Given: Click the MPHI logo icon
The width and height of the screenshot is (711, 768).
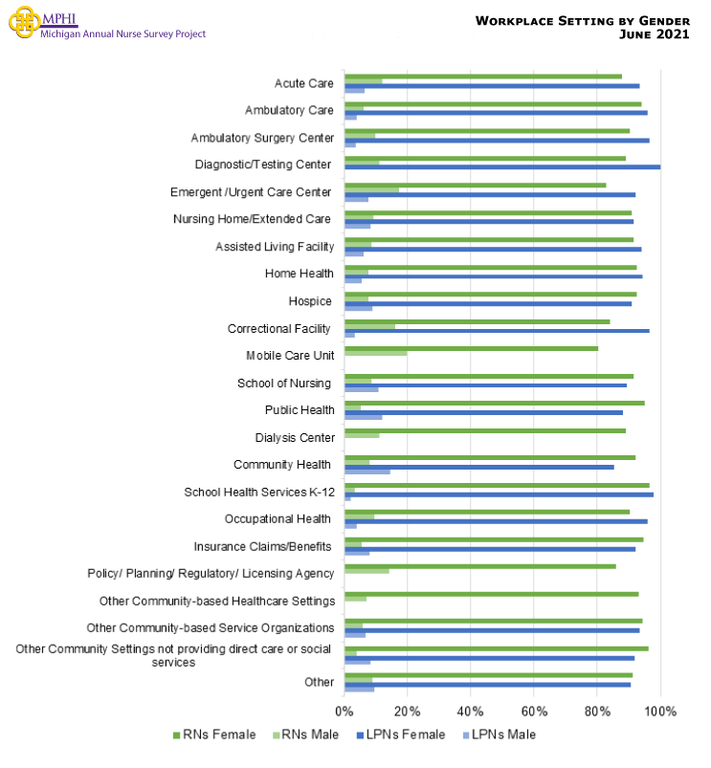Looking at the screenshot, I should (23, 22).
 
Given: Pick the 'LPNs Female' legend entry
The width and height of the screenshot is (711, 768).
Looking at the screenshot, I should (403, 735).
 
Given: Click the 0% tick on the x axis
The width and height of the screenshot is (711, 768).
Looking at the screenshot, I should (344, 712).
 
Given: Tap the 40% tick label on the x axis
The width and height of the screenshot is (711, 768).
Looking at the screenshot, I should (471, 712).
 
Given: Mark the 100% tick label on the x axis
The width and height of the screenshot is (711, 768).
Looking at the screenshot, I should (660, 712).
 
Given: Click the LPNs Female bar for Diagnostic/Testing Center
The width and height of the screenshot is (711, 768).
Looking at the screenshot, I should (502, 167).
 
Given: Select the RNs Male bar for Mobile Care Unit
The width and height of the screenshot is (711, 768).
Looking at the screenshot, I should (376, 353).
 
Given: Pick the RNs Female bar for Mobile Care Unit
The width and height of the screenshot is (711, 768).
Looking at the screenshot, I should (471, 348).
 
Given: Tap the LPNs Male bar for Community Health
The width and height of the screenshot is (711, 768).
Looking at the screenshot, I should (367, 472).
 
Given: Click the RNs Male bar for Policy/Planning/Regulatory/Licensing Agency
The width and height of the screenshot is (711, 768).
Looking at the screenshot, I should (367, 570).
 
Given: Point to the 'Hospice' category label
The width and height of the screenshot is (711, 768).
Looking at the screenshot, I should (310, 301).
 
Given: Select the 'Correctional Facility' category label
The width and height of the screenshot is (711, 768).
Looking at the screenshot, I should (279, 328).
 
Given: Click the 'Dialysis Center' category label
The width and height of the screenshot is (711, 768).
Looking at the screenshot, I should (295, 437).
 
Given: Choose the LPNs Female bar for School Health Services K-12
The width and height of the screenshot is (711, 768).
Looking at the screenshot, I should (499, 494).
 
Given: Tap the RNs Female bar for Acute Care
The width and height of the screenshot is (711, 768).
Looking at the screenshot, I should (483, 77).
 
